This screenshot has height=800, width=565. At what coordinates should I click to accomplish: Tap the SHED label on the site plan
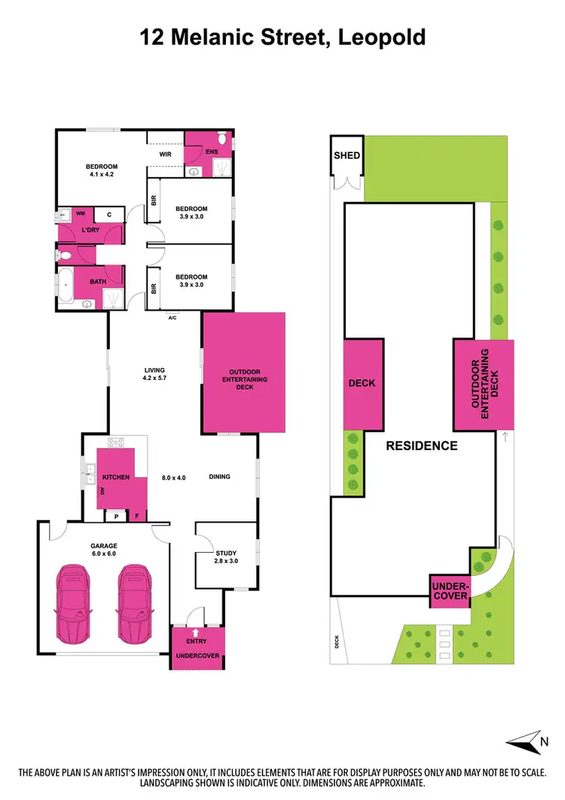pos(347,156)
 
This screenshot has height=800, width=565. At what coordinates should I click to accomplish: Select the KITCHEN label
pos(117,477)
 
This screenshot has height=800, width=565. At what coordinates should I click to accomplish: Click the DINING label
pos(219,477)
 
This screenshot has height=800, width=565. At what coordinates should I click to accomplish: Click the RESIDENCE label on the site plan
pos(421,446)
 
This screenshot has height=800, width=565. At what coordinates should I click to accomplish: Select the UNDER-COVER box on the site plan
pos(450,591)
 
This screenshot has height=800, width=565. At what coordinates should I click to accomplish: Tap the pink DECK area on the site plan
pos(362,383)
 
